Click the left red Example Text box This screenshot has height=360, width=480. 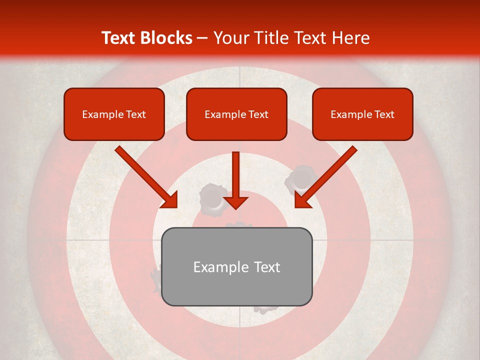[x=114, y=114]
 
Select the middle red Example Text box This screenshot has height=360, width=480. [x=236, y=114]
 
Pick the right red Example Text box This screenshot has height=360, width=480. [x=362, y=114]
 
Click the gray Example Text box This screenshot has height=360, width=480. [x=236, y=266]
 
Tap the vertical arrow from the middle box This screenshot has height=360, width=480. [x=235, y=180]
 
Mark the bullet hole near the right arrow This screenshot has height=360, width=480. [x=300, y=179]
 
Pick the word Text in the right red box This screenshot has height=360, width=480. [x=384, y=114]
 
